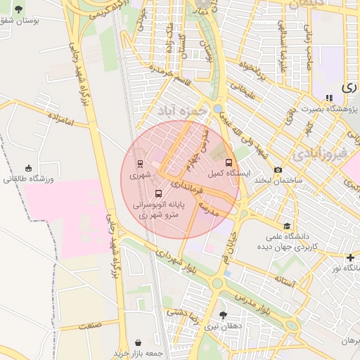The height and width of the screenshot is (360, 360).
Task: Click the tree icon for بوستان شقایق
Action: [18, 9]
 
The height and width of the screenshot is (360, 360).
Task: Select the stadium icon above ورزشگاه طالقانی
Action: [28, 168]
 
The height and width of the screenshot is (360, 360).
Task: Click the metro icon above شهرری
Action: [140, 163]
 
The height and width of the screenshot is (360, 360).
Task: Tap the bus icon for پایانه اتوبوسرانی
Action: [157, 192]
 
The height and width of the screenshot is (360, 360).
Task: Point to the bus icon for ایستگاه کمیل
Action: [227, 162]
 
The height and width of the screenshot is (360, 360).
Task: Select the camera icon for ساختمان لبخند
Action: [278, 169]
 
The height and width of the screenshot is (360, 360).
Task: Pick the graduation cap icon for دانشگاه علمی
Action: [287, 226]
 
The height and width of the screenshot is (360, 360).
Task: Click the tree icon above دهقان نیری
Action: [223, 315]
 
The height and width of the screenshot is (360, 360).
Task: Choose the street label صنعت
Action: [89, 325]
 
